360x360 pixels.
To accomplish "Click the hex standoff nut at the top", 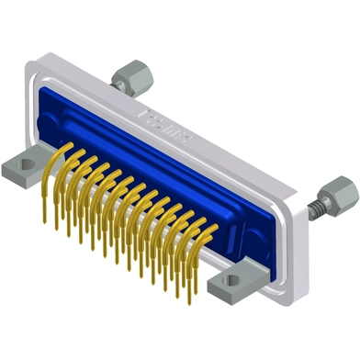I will pyautogui.click(x=131, y=73).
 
